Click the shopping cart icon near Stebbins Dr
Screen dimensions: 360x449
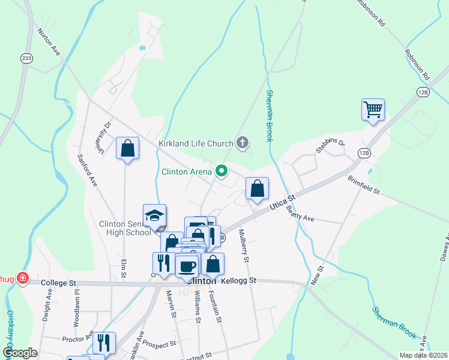pyautogui.click(x=373, y=110)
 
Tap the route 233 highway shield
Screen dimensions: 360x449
pyautogui.click(x=26, y=58)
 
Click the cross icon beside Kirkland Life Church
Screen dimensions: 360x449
pyautogui.click(x=243, y=143)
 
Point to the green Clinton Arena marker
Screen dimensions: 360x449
pyautogui.click(x=221, y=172)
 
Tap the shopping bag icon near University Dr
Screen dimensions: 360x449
pyautogui.click(x=127, y=148)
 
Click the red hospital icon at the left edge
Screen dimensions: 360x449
pyautogui.click(x=22, y=278)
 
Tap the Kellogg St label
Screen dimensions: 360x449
pyautogui.click(x=238, y=280)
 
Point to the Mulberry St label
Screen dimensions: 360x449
pyautogui.click(x=244, y=246)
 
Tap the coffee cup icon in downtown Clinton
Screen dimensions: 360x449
pyautogui.click(x=187, y=265)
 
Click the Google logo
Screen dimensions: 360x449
pyautogui.click(x=20, y=352)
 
